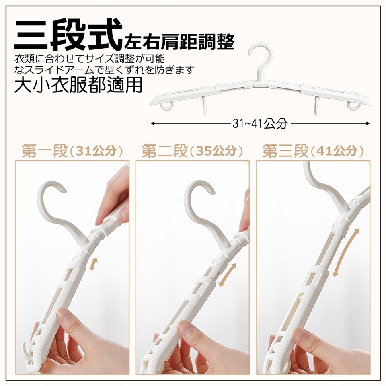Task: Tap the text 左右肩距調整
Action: click(179, 42)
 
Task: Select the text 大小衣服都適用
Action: click(78, 85)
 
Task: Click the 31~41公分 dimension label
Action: click(260, 123)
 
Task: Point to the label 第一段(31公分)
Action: click(72, 151)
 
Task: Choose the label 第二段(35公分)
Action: click(193, 151)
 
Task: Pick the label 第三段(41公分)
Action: click(313, 151)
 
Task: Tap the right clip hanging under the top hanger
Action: click(315, 105)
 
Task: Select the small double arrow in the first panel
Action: click(93, 264)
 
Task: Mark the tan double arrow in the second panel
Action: click(227, 275)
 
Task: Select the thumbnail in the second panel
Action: click(184, 327)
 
